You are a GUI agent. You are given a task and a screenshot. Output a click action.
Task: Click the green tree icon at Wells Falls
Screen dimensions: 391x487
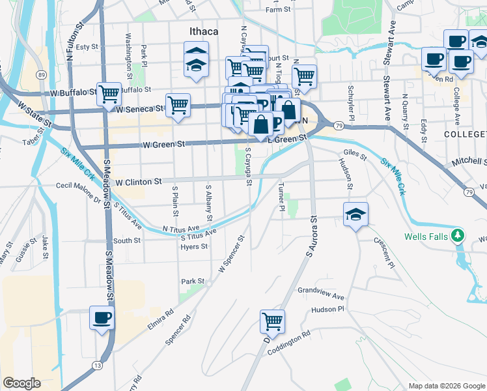(x=459, y=235)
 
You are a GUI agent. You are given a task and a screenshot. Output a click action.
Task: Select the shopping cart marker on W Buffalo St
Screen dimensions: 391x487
(x=109, y=94)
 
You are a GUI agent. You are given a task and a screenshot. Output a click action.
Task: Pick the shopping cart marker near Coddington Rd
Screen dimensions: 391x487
(x=272, y=320)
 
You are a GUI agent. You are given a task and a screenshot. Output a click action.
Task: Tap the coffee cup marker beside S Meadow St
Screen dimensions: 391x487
(x=102, y=318)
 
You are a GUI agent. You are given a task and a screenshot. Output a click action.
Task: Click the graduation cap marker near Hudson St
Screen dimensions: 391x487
(x=355, y=214)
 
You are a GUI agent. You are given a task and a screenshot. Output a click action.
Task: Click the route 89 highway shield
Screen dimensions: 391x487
(x=40, y=76)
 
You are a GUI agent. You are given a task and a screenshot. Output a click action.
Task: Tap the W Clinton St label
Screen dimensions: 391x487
(x=139, y=181)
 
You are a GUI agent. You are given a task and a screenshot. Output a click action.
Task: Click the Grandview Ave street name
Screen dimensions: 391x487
(x=321, y=293)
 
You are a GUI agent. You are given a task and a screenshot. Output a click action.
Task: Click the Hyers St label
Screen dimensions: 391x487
(x=194, y=247)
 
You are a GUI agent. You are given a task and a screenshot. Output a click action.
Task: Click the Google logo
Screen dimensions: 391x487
(x=22, y=383)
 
